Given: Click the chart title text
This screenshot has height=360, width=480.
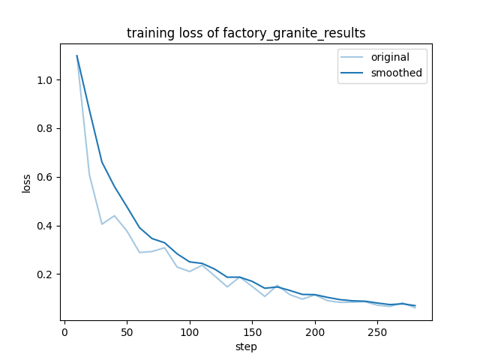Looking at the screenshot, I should point(246,33).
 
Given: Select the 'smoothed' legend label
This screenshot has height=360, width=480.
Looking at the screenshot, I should point(396,73).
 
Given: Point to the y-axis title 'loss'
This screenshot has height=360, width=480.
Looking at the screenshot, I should point(26,183).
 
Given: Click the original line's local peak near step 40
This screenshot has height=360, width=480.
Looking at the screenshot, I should point(114,216).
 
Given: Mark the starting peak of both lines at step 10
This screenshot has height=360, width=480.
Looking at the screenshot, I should point(76,55).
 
